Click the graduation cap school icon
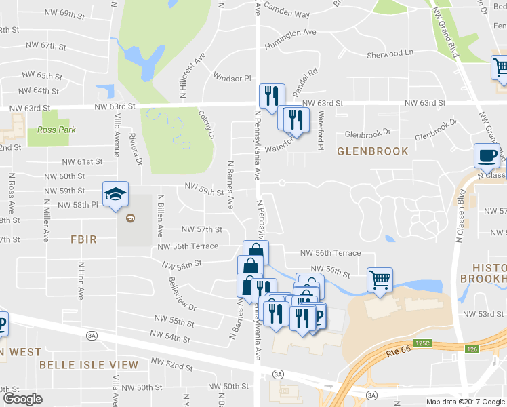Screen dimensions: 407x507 [115, 194]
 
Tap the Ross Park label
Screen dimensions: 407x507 [57, 130]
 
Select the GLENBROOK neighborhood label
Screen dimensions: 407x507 [373, 151]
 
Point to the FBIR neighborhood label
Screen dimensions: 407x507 [84, 239]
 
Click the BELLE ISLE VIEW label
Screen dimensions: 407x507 [89, 365]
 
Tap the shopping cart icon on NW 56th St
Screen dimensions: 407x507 [380, 279]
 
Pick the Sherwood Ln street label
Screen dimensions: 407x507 [390, 52]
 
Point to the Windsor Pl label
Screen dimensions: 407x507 [232, 78]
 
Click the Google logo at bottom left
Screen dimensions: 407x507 [22, 399]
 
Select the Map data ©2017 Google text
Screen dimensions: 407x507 [465, 402]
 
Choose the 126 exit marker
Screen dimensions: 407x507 [472, 349]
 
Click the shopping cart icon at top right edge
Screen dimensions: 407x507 [500, 69]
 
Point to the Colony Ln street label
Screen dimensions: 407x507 [206, 126]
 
